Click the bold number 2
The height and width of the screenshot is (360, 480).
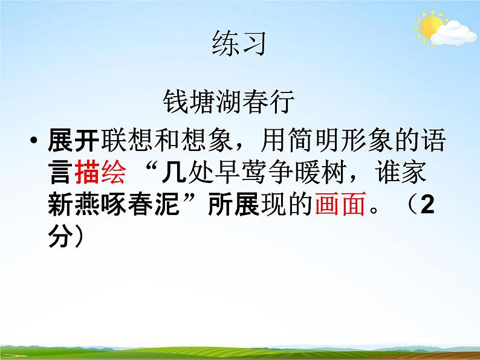427,205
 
